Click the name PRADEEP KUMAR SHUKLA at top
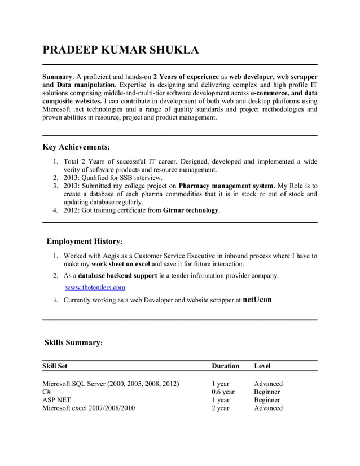(x=121, y=50)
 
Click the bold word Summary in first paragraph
(x=58, y=77)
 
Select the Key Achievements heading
(x=76, y=147)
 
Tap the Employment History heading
(x=84, y=241)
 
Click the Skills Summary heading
(x=73, y=342)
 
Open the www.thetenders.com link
(x=95, y=288)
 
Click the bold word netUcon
(x=257, y=300)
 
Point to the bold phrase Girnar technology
(x=191, y=210)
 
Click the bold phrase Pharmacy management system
(x=227, y=186)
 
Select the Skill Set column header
(x=55, y=366)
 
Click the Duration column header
(x=225, y=366)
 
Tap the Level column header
(x=262, y=366)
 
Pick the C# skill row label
(x=47, y=392)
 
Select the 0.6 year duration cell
(x=223, y=392)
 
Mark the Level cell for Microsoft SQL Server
(x=268, y=384)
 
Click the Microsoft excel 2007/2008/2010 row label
(x=89, y=408)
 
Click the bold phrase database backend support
(x=118, y=276)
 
